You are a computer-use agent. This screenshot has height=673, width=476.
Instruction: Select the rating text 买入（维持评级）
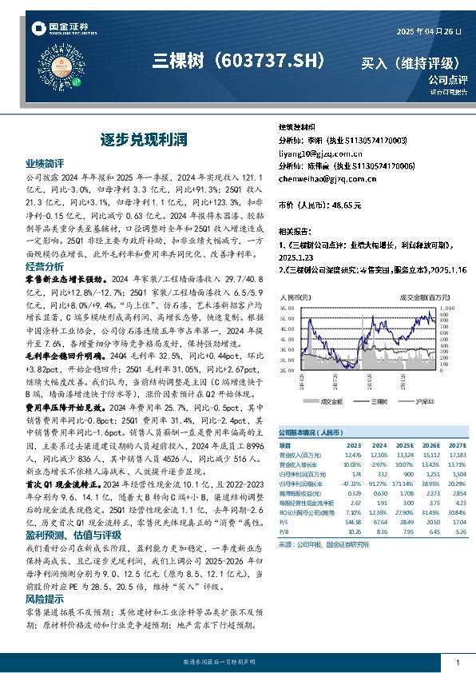(410, 62)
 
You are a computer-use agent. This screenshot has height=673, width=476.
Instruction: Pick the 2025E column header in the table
(407, 445)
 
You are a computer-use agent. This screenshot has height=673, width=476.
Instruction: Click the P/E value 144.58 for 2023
(351, 521)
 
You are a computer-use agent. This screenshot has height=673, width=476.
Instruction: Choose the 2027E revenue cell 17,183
(456, 454)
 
